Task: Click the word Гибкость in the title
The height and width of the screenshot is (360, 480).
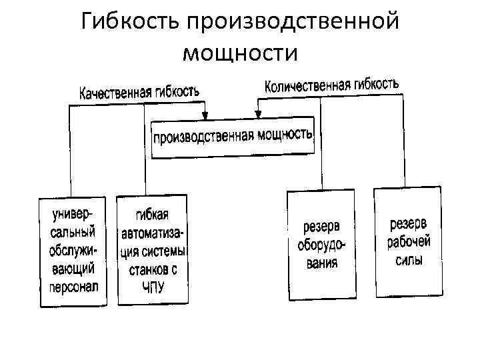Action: (x=130, y=21)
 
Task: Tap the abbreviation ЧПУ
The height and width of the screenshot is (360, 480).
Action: (x=152, y=287)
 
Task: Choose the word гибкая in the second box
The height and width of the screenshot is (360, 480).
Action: (x=153, y=215)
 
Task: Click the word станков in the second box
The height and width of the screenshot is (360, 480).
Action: (x=147, y=270)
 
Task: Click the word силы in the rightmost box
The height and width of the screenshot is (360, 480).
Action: (x=409, y=259)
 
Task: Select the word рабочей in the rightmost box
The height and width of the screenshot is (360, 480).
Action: (x=409, y=241)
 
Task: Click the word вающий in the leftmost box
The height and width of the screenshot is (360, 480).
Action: (x=73, y=268)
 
